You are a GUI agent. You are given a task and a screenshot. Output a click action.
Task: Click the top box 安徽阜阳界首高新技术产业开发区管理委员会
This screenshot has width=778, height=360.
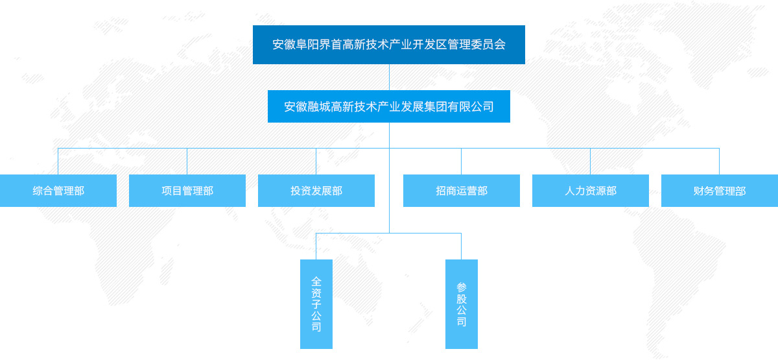pos(388,45)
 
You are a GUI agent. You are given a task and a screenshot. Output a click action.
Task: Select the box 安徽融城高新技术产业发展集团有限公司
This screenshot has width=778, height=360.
pos(388,106)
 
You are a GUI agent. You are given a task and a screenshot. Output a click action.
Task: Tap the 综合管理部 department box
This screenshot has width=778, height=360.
pos(58,191)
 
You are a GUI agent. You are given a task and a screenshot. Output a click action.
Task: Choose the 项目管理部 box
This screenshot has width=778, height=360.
pos(187,191)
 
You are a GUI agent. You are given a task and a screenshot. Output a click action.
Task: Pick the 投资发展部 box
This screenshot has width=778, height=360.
pos(316,191)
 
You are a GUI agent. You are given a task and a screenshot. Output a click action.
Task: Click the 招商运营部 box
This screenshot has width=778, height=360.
pos(462,191)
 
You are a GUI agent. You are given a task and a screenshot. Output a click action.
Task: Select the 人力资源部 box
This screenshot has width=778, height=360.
pos(591,191)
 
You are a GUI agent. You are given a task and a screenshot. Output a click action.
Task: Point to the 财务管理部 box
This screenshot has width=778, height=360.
pos(720,191)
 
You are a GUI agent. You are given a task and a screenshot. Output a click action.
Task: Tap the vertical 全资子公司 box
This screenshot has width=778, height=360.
pos(316,304)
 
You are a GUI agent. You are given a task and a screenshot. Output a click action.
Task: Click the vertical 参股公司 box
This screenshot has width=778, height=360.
pos(462,304)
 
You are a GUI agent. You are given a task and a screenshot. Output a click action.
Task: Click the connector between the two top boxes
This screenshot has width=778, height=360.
pos(389,77)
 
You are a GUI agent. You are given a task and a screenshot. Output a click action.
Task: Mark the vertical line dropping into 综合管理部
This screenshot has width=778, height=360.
pos(58,162)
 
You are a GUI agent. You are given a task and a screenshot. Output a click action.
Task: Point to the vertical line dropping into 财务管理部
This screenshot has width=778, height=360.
pos(719,162)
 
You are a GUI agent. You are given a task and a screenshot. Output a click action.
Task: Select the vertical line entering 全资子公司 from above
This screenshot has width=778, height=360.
pos(316,246)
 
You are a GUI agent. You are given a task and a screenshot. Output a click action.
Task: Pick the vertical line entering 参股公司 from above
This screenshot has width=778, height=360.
pos(461,246)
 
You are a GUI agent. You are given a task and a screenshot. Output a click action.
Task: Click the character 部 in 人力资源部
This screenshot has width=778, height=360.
pos(611,191)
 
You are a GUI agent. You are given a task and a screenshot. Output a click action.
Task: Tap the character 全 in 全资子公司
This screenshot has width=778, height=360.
pos(316,282)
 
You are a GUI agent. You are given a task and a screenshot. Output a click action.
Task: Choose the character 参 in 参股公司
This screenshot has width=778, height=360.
pos(462,287)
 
